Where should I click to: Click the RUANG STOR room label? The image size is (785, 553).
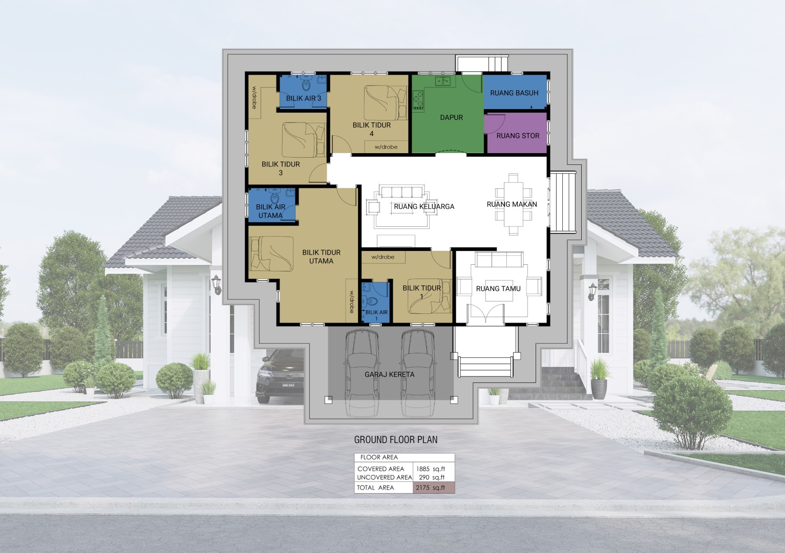(518, 136)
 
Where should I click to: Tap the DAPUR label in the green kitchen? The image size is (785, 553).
(451, 117)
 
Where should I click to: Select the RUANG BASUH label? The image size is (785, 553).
(514, 93)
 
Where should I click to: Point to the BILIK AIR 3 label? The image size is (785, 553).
(304, 98)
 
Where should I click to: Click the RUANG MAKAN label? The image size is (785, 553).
(512, 204)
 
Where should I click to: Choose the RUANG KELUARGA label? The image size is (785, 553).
(424, 206)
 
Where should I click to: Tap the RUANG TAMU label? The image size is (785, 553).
(498, 288)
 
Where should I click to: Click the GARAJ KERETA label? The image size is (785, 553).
(389, 374)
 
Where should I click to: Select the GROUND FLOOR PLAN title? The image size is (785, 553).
(396, 440)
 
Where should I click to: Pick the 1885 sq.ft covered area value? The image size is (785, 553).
(430, 469)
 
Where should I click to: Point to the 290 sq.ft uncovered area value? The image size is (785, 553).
(432, 477)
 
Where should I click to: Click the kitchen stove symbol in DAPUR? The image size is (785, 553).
(418, 100)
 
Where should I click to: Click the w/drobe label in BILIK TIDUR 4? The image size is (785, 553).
(386, 147)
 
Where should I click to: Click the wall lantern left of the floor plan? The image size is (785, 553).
(216, 284)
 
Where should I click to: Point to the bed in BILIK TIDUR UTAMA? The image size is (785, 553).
(271, 254)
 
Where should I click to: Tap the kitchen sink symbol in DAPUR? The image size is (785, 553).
(443, 81)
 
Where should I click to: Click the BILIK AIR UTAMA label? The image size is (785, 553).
(270, 211)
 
